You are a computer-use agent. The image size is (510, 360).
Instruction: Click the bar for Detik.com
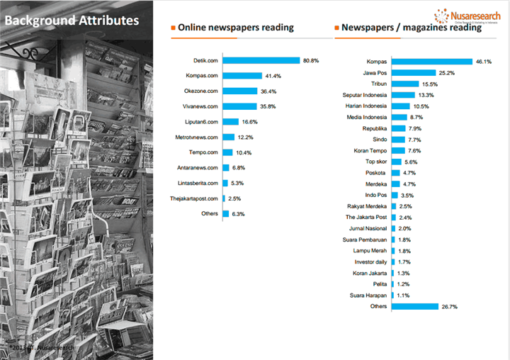pos(261,60)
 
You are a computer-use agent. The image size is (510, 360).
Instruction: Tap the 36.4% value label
pos(268,91)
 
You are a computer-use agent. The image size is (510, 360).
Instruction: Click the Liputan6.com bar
pos(230,122)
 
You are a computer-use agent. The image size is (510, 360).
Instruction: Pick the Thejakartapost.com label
pos(193,198)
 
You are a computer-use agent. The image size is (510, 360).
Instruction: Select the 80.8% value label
pos(311,60)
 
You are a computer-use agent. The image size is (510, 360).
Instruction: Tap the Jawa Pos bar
pos(413,72)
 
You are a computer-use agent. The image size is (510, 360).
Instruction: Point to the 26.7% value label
pos(450,306)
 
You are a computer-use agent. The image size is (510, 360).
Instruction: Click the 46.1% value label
pos(483,62)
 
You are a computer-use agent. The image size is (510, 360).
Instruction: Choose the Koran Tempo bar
pos(398,150)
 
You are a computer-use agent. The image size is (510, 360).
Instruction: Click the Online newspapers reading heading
pos(236,28)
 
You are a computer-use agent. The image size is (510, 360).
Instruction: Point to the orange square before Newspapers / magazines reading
pos(336,28)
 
